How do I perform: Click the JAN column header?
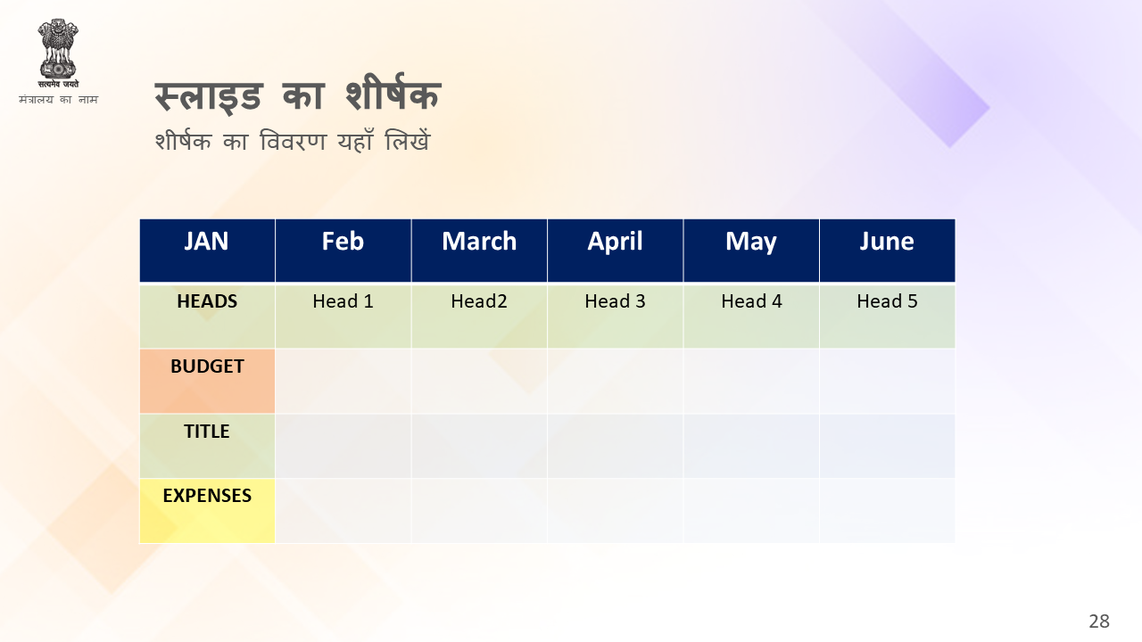pos(207,251)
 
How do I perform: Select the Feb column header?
pos(343,251)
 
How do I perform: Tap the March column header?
pos(479,251)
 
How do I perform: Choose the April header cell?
pos(616,251)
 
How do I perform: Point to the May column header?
pos(751,251)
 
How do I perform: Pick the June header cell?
pos(888,251)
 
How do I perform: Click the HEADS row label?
pos(207,316)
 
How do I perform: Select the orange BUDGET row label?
pos(207,381)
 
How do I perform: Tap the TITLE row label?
pos(207,446)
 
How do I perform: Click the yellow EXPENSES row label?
pos(207,511)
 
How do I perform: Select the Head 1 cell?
pos(343,316)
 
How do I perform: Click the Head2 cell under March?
pos(479,316)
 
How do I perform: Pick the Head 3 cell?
pos(616,316)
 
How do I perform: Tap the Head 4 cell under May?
pos(751,316)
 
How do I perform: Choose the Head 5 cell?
pos(888,316)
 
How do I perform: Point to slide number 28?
pos(1099,621)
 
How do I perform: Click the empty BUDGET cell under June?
pos(888,381)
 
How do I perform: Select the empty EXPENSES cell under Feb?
pos(343,511)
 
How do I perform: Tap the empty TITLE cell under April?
pos(616,446)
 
